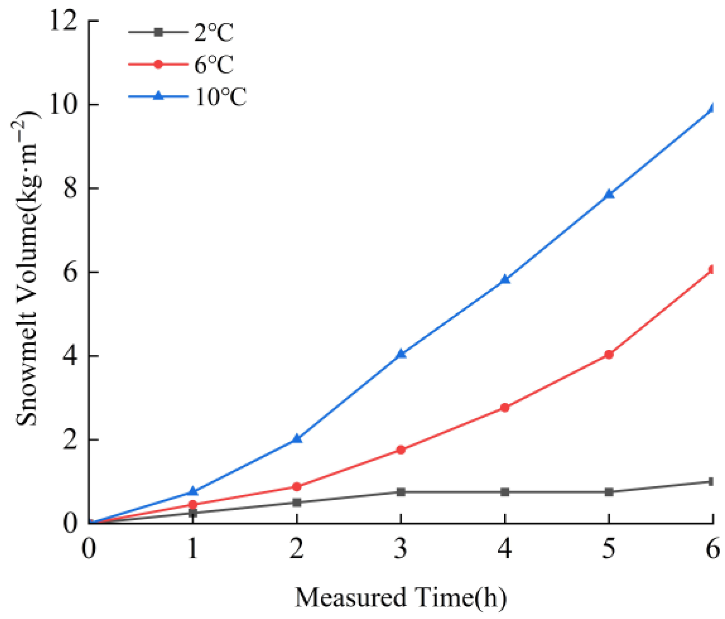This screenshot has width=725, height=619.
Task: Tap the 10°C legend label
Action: (220, 97)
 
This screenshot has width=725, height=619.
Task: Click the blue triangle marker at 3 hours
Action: (401, 354)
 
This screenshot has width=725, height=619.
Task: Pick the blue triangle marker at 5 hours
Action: (609, 194)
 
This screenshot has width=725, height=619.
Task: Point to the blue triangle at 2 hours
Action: (297, 438)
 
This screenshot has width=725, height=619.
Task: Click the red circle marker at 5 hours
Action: (609, 354)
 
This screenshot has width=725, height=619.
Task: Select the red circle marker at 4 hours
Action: (505, 407)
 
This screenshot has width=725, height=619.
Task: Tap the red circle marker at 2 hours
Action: (297, 487)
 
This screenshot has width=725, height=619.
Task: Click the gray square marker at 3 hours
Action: (401, 492)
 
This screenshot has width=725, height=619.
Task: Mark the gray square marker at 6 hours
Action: (711, 482)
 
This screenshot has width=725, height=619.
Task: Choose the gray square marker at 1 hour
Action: (193, 513)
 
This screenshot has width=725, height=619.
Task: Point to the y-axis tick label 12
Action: (63, 21)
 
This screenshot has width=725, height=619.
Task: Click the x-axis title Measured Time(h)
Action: (401, 597)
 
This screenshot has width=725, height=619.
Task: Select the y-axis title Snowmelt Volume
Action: (27, 269)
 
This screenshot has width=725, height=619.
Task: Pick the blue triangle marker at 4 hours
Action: (505, 279)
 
